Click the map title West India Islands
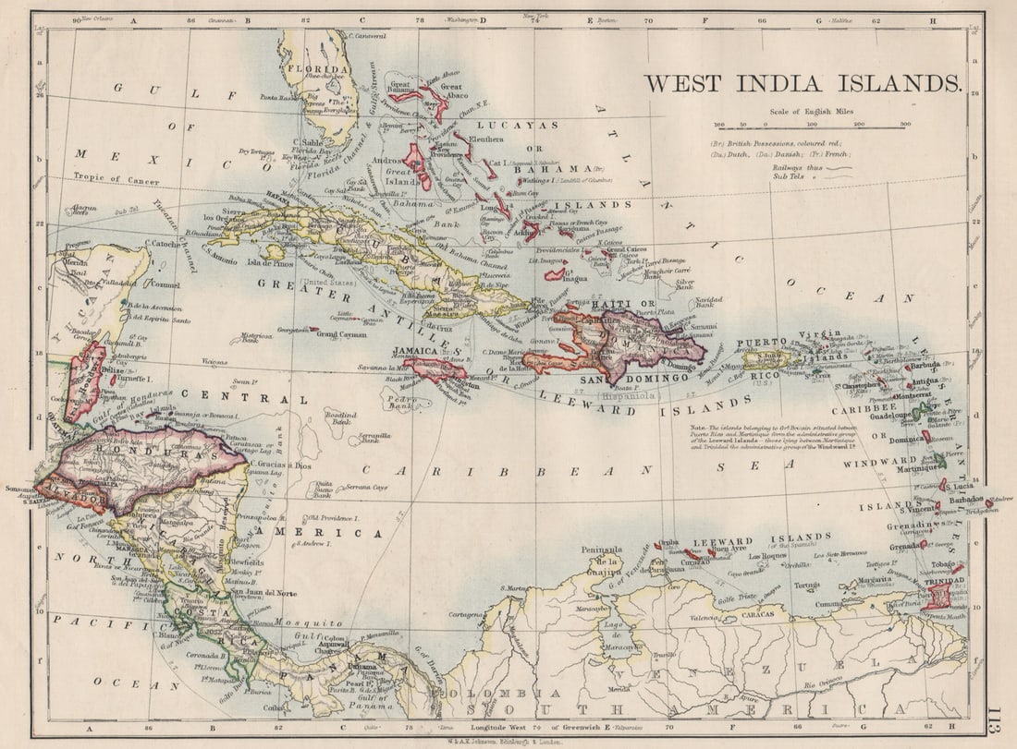pos(802,83)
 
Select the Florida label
pos(317,69)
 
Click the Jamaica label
pos(416,352)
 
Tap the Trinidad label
pos(946,581)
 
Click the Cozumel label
pos(163,285)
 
